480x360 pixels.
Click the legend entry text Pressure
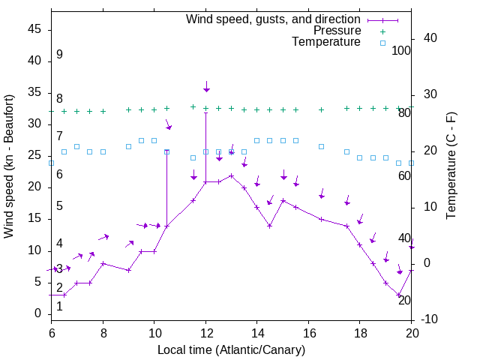tap(337, 31)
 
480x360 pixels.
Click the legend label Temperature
tap(326, 42)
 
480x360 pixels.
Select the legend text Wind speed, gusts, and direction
tap(274, 19)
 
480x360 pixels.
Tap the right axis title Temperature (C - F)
tap(451, 166)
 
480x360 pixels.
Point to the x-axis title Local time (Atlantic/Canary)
tap(231, 349)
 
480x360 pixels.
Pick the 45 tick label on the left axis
tap(34, 29)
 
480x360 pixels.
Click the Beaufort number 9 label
tap(59, 55)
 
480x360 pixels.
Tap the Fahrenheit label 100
tap(402, 51)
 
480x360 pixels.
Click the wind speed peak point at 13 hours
tap(232, 175)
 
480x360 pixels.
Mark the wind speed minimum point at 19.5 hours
tap(399, 295)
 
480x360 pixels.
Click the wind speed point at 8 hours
tap(103, 264)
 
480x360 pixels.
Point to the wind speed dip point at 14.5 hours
tap(270, 226)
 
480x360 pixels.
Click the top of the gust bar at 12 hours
tap(205, 112)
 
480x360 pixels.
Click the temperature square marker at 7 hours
tap(76, 146)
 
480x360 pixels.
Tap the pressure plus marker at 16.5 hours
tap(322, 109)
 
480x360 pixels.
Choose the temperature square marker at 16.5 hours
tap(322, 146)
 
